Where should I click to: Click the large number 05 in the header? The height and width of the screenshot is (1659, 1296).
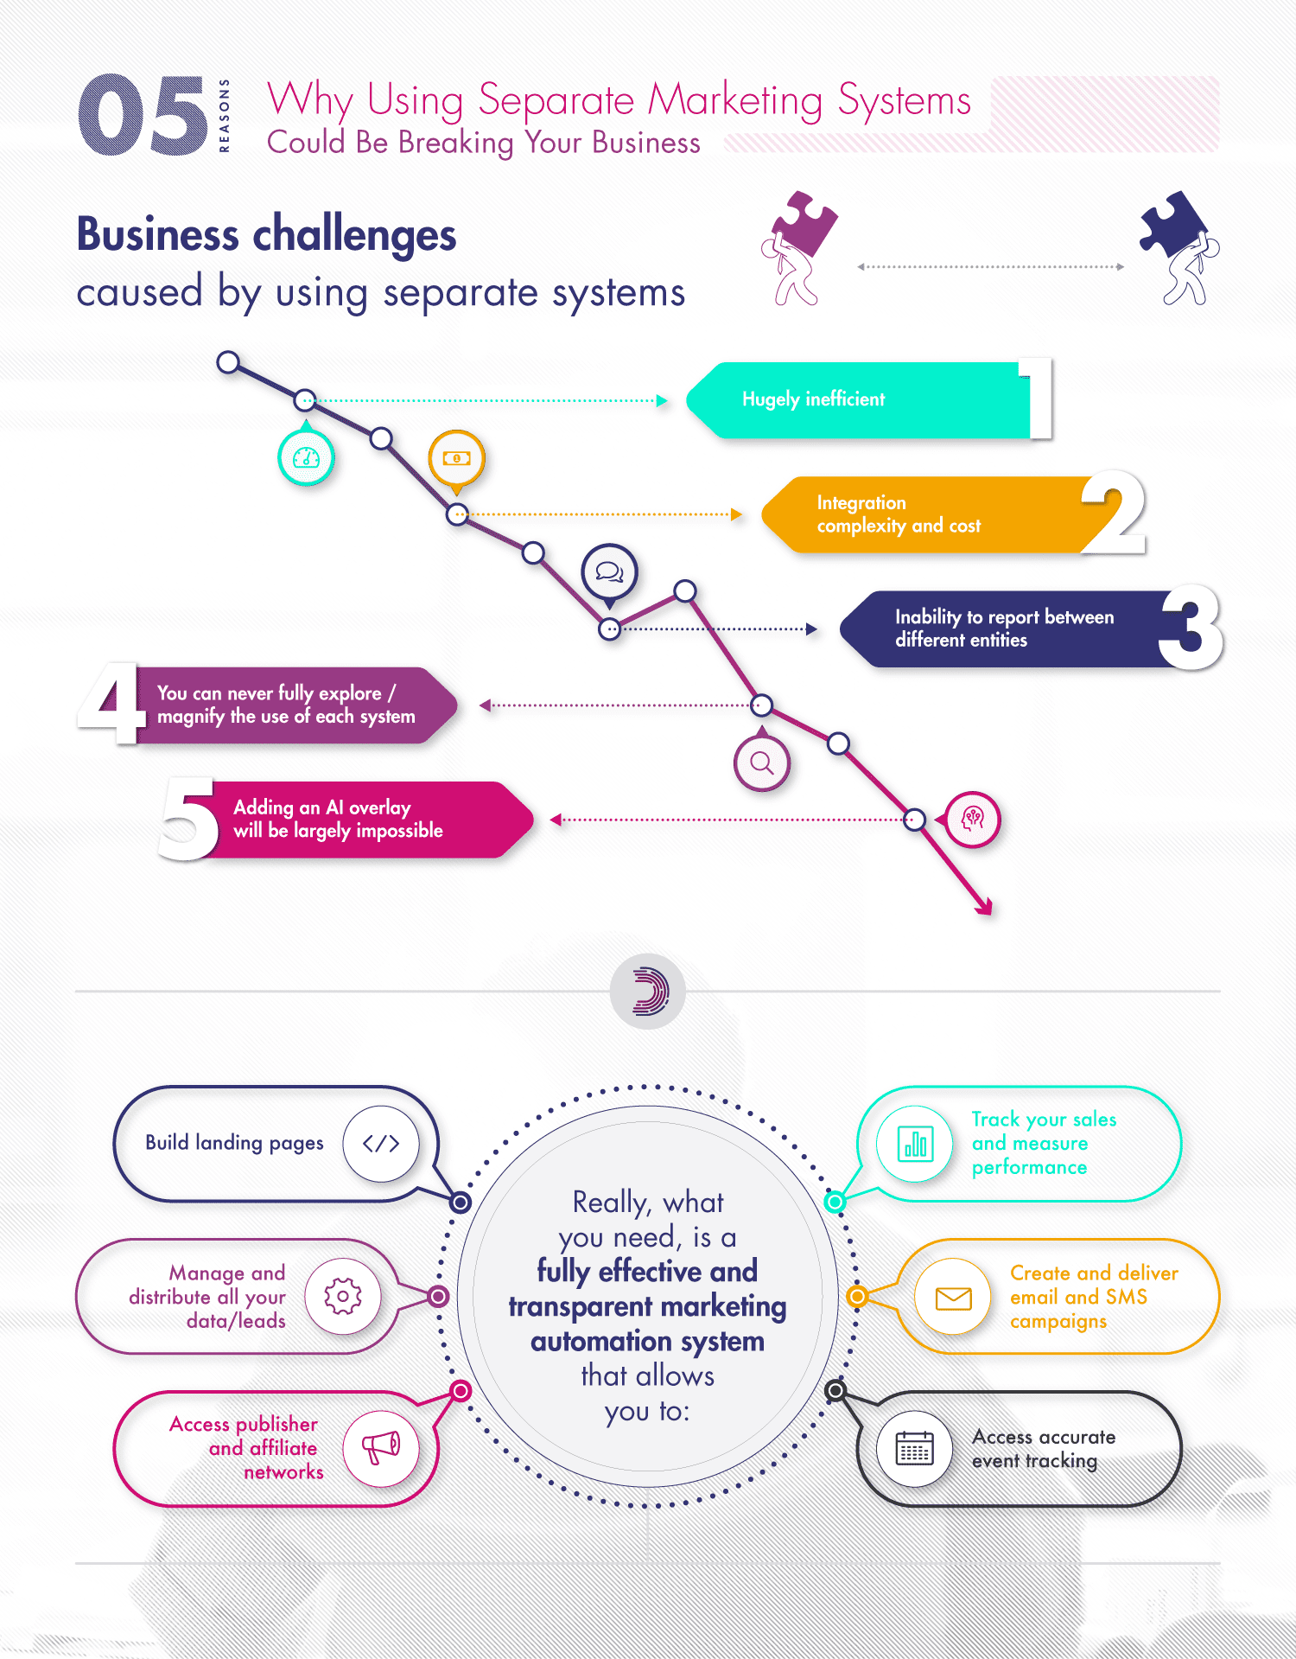coord(143,115)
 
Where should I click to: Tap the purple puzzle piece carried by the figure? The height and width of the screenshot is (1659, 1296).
coord(806,223)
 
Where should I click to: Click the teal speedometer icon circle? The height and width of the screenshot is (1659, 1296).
coord(306,457)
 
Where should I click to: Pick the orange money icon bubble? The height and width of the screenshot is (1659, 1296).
coord(457,457)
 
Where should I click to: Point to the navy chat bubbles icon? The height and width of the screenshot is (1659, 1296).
coord(610,571)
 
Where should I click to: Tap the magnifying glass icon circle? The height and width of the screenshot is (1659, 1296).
coord(761,763)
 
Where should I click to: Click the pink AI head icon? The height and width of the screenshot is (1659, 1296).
coord(973,819)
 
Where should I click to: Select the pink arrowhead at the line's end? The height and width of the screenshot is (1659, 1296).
coord(984,906)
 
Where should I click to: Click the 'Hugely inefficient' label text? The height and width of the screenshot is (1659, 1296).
coord(813,399)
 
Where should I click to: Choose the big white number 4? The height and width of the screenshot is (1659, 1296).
coord(111,703)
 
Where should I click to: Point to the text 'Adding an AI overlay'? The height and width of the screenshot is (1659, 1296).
coord(322,807)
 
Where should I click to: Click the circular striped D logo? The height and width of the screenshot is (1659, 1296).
coord(648,991)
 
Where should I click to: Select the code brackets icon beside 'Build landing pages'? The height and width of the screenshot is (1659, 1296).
coord(381,1144)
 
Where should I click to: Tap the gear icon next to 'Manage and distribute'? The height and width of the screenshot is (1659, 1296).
coord(343,1296)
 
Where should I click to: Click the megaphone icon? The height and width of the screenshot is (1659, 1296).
coord(381,1447)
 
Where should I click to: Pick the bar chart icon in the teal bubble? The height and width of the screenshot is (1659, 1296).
coord(915,1145)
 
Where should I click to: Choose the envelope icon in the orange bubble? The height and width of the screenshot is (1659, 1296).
coord(953,1297)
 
